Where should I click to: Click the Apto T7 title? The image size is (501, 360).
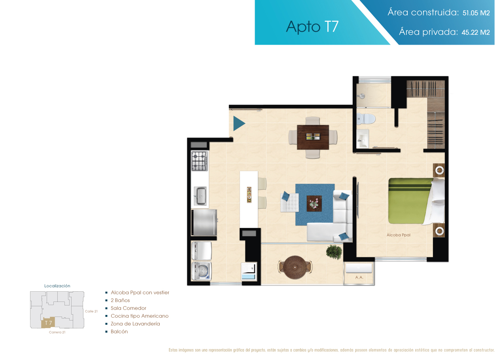(312, 27)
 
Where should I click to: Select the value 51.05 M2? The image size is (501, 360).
(476, 13)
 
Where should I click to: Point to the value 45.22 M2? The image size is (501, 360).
(476, 32)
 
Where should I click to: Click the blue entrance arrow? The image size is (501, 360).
(239, 123)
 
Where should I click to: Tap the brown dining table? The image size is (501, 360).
(313, 137)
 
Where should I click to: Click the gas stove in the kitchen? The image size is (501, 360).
(200, 161)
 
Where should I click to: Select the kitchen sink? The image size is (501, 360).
(200, 196)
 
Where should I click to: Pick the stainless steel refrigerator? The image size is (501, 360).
(204, 222)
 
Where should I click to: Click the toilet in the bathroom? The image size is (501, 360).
(366, 119)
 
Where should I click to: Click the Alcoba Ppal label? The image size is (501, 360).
(398, 235)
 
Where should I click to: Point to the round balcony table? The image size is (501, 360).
(295, 268)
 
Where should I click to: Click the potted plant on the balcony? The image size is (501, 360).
(334, 252)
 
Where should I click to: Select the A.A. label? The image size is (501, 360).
(359, 277)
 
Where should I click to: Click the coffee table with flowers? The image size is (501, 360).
(314, 204)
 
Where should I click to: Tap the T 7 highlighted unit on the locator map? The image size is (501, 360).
(48, 323)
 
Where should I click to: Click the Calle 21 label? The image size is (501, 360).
(91, 311)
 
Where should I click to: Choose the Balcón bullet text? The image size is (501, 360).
(119, 332)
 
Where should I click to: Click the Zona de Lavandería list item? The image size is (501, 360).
(135, 324)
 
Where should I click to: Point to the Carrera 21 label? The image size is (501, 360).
(57, 332)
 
